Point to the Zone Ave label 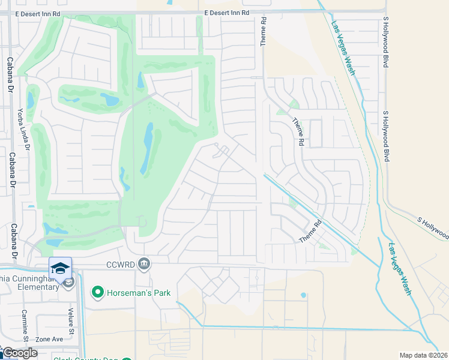point(49,339)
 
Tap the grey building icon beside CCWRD point(144,263)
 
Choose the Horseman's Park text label point(139,293)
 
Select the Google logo point(20,353)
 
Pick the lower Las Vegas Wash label point(400,268)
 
